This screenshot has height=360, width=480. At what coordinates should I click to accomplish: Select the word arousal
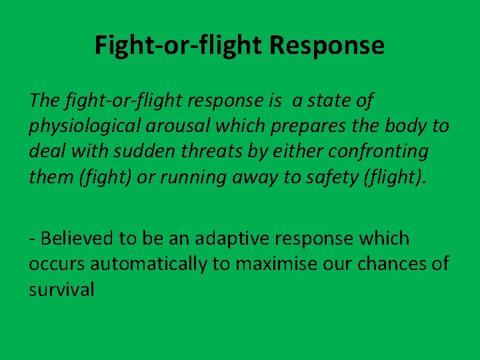click(x=184, y=127)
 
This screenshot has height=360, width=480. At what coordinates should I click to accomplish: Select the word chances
click(x=393, y=264)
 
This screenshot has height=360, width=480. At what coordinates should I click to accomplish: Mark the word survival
click(x=61, y=289)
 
